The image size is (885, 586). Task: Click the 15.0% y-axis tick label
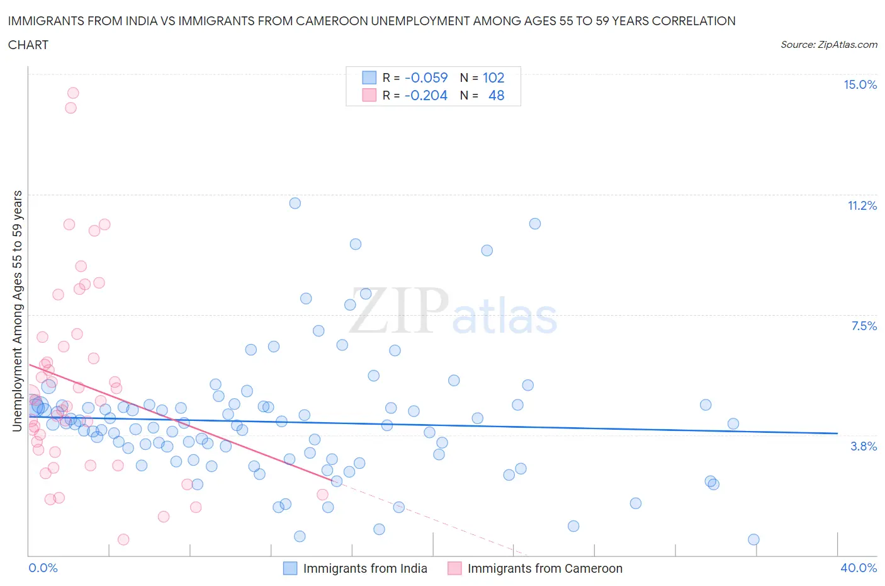tap(860, 84)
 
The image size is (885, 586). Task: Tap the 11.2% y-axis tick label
tap(862, 205)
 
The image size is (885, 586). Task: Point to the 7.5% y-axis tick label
tap(864, 326)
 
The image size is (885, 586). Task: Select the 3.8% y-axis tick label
tap(864, 446)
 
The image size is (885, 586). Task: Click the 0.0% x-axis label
tap(43, 568)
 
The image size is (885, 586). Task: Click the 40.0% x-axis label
tap(859, 568)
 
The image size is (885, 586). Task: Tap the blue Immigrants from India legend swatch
tap(290, 568)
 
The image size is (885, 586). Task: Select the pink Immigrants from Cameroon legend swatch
tap(454, 568)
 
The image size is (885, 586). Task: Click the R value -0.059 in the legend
tap(426, 78)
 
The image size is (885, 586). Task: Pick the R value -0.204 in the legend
tap(426, 95)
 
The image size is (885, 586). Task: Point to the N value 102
tap(493, 78)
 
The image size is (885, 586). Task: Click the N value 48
tap(496, 95)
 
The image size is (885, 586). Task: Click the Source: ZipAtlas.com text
tap(828, 44)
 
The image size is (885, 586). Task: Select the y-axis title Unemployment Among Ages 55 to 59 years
tap(17, 311)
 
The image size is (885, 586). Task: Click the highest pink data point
tap(73, 93)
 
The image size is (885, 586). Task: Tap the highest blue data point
tap(295, 203)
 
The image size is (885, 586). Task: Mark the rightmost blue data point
tap(753, 539)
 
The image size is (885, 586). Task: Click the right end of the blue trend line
tap(837, 434)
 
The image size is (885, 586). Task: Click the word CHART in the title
tap(28, 45)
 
